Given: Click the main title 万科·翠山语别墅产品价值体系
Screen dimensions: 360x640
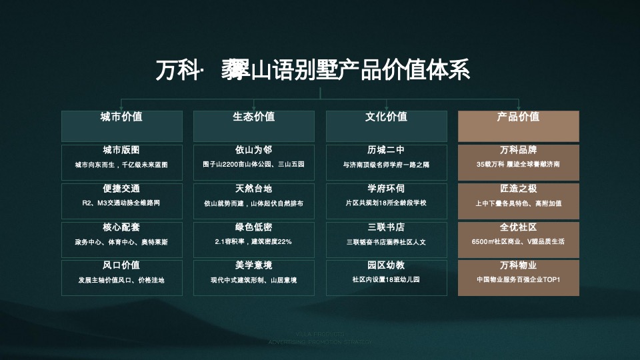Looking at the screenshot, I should pyautogui.click(x=313, y=69).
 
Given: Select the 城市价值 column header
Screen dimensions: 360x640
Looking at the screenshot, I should pyautogui.click(x=121, y=125).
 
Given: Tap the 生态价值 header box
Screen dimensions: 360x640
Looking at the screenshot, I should pyautogui.click(x=253, y=125).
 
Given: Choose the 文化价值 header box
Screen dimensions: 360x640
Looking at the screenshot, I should pyautogui.click(x=386, y=125).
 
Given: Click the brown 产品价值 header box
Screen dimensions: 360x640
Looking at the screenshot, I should pyautogui.click(x=518, y=125).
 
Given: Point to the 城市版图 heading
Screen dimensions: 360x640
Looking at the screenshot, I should pyautogui.click(x=121, y=150).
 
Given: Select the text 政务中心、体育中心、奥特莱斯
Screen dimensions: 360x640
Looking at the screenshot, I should pyautogui.click(x=121, y=242).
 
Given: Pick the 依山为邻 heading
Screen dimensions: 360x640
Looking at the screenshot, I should pyautogui.click(x=253, y=150).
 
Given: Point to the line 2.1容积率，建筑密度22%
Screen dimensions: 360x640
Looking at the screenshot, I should pyautogui.click(x=253, y=241).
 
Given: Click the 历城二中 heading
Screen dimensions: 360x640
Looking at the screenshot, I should pyautogui.click(x=386, y=150).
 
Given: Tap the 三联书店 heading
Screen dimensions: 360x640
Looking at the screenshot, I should pyautogui.click(x=386, y=227).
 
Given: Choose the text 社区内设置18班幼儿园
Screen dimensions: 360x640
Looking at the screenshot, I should pyautogui.click(x=386, y=280).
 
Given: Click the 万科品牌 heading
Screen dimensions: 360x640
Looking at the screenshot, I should pyautogui.click(x=518, y=150).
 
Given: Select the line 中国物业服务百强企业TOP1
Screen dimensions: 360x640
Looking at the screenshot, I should pyautogui.click(x=518, y=280).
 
